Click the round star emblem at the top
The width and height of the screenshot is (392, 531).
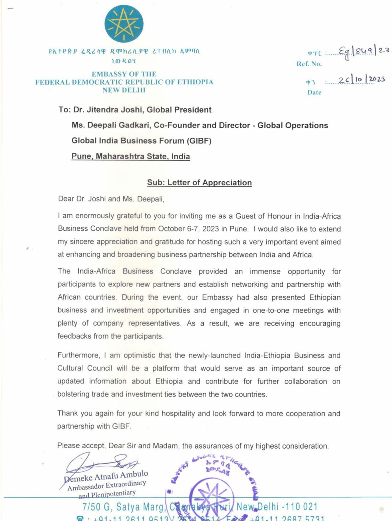click(x=124, y=24)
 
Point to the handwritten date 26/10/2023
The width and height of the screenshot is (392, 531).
click(x=361, y=79)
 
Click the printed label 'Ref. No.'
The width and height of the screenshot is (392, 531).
click(x=309, y=64)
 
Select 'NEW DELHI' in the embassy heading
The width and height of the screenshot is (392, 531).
click(x=124, y=90)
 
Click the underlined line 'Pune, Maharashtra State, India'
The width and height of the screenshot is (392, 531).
click(x=131, y=156)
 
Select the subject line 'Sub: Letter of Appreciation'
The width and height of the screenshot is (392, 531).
click(x=199, y=182)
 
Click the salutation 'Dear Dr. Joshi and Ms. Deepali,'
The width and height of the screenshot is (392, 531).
click(x=111, y=199)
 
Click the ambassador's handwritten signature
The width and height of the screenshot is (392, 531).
click(x=101, y=463)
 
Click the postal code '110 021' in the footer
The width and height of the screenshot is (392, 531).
click(x=301, y=507)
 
